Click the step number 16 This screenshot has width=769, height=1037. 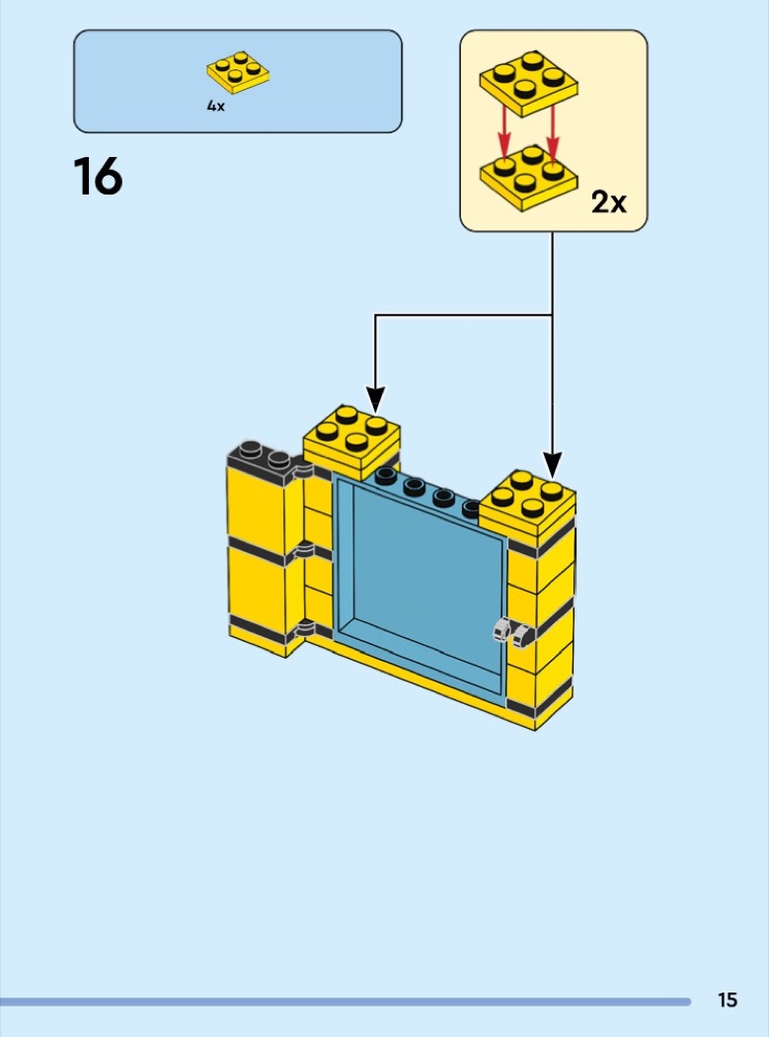pyautogui.click(x=98, y=177)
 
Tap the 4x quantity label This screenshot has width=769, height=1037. pyautogui.click(x=215, y=106)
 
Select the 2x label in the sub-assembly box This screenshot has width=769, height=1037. pyautogui.click(x=608, y=201)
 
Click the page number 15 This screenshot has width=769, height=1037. pyautogui.click(x=728, y=999)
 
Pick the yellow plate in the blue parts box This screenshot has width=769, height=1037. pyautogui.click(x=237, y=71)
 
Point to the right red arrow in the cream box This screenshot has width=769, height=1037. pyautogui.click(x=553, y=134)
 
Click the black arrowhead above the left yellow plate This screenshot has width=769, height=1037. pyautogui.click(x=375, y=400)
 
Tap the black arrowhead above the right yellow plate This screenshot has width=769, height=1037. pyautogui.click(x=553, y=465)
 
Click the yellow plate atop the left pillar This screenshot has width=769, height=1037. pyautogui.click(x=351, y=441)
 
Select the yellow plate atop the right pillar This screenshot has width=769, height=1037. pyautogui.click(x=527, y=507)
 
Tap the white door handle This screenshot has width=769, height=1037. pyautogui.click(x=513, y=632)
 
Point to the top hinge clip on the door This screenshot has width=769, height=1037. pyautogui.click(x=303, y=471)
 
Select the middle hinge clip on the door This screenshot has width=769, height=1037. pyautogui.click(x=303, y=549)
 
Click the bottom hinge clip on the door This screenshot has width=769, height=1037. pyautogui.click(x=304, y=627)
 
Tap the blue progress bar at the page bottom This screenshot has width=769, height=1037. pyautogui.click(x=346, y=1002)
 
